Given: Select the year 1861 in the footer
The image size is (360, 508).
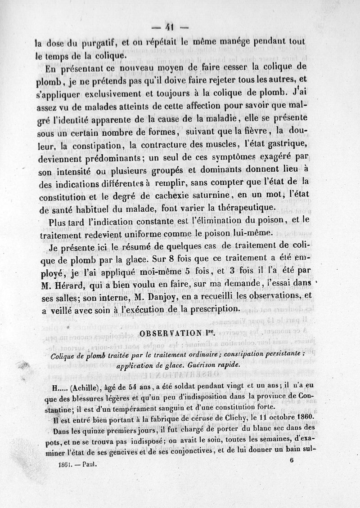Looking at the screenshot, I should click(67, 462).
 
